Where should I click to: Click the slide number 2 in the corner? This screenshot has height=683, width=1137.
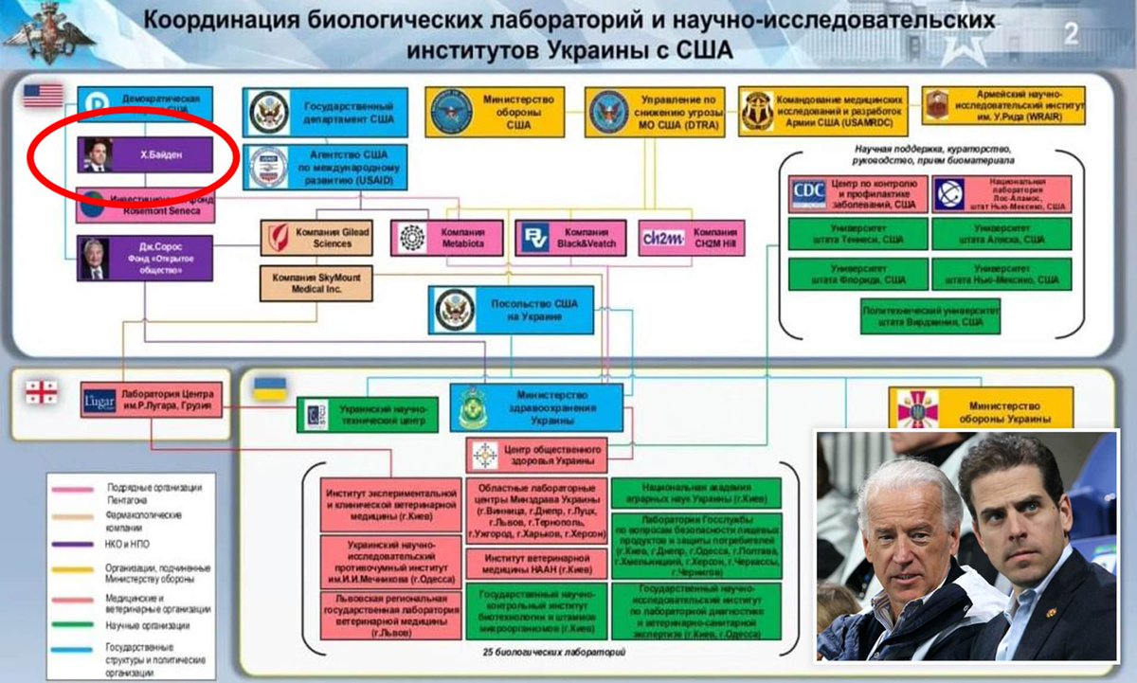click(1072, 34)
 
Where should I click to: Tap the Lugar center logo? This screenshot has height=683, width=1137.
click(99, 402)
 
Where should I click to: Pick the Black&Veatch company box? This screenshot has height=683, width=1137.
click(571, 237)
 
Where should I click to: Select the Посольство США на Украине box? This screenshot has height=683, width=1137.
click(514, 310)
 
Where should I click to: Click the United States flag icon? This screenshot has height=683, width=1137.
click(44, 96)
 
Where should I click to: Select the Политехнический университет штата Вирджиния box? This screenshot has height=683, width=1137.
click(929, 315)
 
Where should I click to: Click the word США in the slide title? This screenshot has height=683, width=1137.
click(699, 49)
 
